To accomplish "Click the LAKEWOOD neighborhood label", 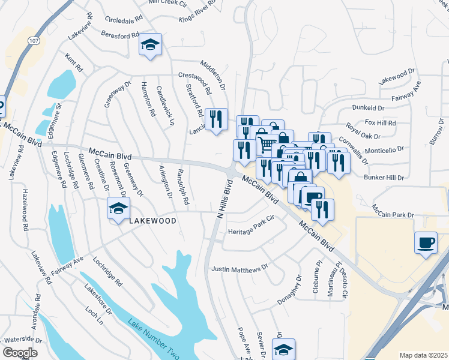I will (153, 221).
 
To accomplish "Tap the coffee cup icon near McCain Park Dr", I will (426, 242).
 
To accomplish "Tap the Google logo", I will (19, 353).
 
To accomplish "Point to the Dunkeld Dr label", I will (368, 107).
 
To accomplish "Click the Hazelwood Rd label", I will (26, 210).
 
